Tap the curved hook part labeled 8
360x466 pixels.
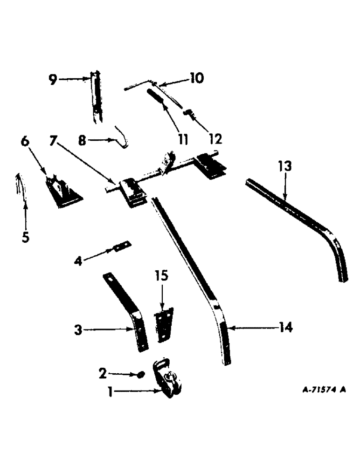click(x=122, y=136)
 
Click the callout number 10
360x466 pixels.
click(x=196, y=77)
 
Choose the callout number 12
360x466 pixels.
click(x=215, y=138)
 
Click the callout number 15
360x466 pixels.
click(x=163, y=276)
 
